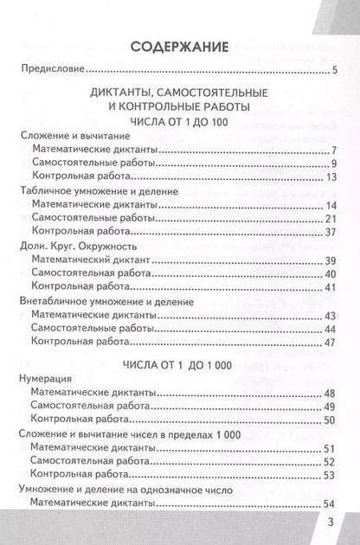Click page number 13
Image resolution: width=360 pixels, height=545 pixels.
point(330,177)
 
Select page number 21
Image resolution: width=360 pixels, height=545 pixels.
point(330,219)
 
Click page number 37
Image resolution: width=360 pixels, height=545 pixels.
point(330,233)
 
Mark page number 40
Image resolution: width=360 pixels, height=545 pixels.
point(330,273)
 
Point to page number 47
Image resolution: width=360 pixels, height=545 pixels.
point(330,342)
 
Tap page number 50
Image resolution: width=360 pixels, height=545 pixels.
point(330,420)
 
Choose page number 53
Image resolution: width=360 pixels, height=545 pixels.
point(330,474)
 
